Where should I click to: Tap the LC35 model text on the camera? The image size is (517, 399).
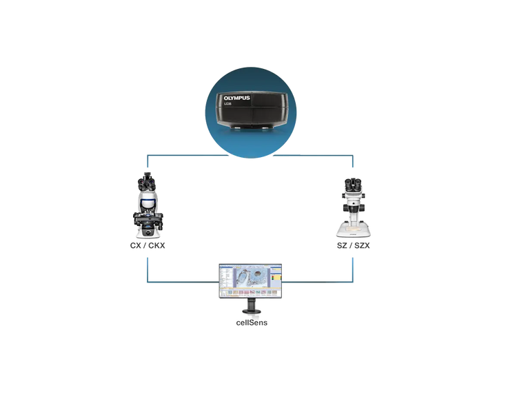pos(227,112)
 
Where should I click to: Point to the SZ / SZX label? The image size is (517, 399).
pos(353,245)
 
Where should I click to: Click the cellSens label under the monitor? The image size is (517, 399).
pos(251,323)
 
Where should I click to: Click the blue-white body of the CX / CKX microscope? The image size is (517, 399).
pos(147,201)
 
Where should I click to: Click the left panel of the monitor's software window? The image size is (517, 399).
pos(225,279)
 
